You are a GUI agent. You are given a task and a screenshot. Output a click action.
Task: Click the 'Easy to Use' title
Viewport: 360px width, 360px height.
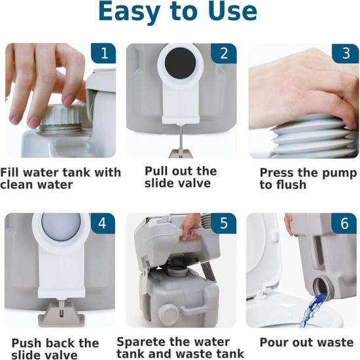tap(177, 12)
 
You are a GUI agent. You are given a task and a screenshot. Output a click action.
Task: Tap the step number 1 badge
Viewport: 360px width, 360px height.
tap(104, 53)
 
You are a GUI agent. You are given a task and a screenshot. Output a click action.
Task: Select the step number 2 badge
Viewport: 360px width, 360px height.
tap(224, 53)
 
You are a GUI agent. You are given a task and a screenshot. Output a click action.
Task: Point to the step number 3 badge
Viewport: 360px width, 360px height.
tap(345, 54)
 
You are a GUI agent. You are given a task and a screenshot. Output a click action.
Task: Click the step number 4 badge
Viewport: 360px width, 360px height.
tap(103, 223)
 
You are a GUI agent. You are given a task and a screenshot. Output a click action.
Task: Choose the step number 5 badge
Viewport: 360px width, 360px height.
tap(224, 223)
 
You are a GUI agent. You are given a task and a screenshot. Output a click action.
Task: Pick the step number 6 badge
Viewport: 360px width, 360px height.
tap(344, 223)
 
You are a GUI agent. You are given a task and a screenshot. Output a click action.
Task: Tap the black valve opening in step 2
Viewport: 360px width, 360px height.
tap(180, 63)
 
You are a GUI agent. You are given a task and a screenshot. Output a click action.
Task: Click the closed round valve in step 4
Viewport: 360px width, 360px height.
tap(61, 226)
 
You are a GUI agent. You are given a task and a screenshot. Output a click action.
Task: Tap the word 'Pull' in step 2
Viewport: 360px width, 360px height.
tap(156, 171)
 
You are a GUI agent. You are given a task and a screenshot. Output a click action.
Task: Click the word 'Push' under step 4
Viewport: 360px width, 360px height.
tap(26, 343)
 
